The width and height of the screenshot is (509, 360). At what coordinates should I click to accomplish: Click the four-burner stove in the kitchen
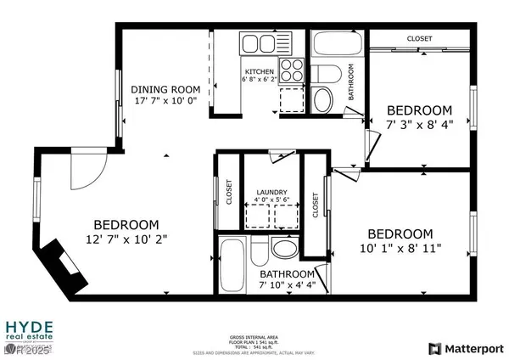click(x=293, y=68)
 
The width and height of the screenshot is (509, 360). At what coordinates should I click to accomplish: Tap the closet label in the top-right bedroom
click(x=419, y=39)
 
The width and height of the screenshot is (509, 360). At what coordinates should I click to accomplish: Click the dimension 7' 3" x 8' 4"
click(x=419, y=124)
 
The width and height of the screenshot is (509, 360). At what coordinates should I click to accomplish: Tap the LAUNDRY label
click(x=271, y=193)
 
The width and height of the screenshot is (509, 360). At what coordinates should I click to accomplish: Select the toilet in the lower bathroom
click(x=283, y=248)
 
